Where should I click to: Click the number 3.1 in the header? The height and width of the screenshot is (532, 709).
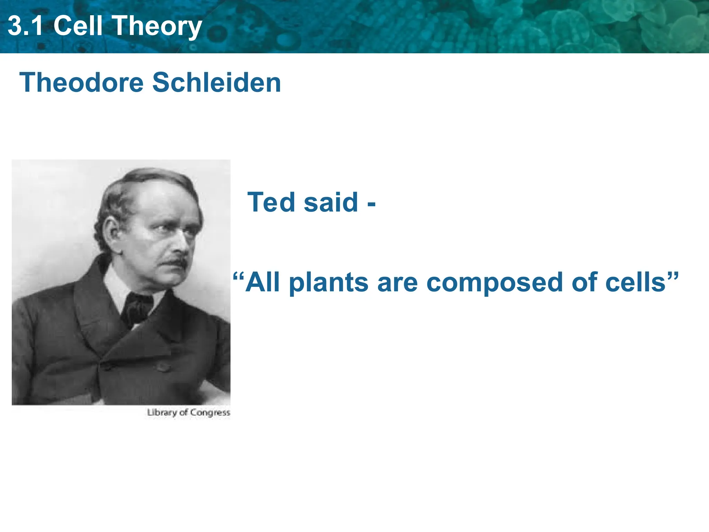(25, 26)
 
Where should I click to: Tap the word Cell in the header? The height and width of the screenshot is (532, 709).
(78, 26)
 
